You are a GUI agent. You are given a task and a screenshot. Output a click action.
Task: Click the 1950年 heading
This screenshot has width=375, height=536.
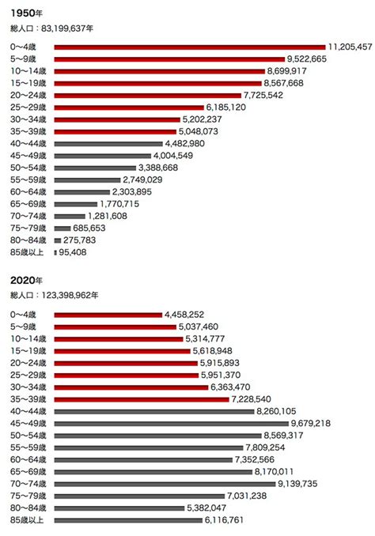(x=26, y=13)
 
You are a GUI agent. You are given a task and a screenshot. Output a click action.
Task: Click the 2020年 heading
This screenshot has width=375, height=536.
(x=26, y=281)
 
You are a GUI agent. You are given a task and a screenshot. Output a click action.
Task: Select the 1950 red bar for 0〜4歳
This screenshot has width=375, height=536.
(x=190, y=47)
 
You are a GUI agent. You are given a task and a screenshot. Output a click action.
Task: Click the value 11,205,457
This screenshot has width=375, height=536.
(x=350, y=47)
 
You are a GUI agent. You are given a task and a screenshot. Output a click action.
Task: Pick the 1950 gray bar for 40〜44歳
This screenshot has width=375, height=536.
(x=108, y=144)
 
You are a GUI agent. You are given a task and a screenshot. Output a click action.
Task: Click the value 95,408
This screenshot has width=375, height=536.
(x=73, y=253)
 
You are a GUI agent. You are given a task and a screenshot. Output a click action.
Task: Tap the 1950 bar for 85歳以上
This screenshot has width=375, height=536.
(x=55, y=253)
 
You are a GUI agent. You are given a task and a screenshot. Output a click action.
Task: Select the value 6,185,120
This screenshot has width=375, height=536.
(x=225, y=108)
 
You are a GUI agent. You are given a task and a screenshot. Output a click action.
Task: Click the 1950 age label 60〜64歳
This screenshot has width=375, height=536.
(x=28, y=192)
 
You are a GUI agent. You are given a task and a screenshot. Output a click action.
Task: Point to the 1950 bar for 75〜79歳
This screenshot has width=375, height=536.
(x=62, y=228)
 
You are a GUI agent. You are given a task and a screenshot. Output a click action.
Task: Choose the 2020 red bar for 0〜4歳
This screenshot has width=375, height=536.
(x=108, y=315)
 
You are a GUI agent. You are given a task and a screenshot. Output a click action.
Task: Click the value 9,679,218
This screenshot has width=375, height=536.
(x=311, y=424)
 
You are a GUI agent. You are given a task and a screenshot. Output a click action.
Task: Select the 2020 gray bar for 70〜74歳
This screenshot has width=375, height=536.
(x=165, y=484)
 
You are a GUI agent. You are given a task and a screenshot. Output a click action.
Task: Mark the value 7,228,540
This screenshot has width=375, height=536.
(x=251, y=399)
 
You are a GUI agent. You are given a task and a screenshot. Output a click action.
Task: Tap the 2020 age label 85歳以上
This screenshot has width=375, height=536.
(x=27, y=520)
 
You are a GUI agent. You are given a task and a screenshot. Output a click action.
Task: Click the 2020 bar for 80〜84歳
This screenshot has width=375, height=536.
(x=119, y=508)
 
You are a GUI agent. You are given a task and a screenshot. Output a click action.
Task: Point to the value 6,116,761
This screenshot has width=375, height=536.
(x=224, y=520)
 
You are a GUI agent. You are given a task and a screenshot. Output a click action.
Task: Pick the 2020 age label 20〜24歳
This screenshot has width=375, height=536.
(x=28, y=363)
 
